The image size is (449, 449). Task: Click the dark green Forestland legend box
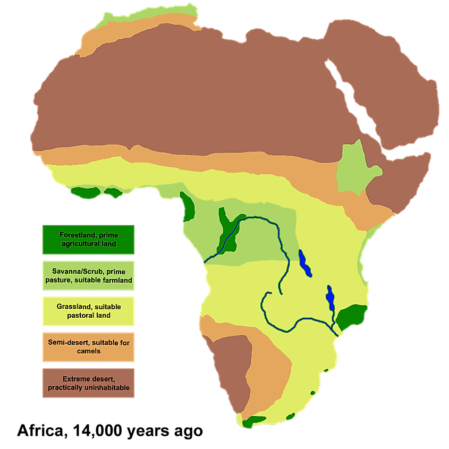pyautogui.click(x=88, y=240)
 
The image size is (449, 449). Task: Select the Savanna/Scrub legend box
pyautogui.click(x=88, y=275)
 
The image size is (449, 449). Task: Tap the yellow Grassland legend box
pyautogui.click(x=88, y=311)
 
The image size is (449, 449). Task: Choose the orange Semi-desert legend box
pyautogui.click(x=88, y=346)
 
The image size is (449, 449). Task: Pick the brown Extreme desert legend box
pyautogui.click(x=88, y=383)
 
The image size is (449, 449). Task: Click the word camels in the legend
pyautogui.click(x=89, y=351)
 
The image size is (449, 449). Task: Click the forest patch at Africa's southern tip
pyautogui.click(x=253, y=422)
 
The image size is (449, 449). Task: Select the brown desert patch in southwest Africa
pyautogui.click(x=232, y=367)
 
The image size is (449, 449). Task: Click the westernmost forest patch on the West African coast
pyautogui.click(x=84, y=192)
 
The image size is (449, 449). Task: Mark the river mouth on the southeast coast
pyautogui.click(x=338, y=333)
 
